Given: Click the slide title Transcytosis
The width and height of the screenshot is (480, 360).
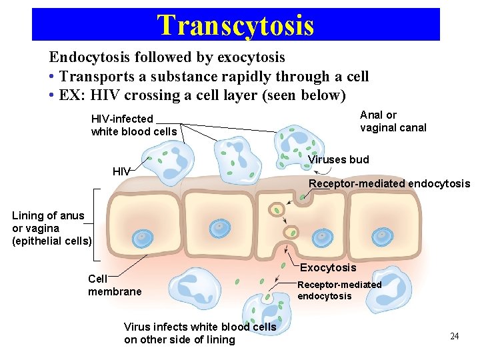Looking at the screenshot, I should pyautogui.click(x=235, y=25).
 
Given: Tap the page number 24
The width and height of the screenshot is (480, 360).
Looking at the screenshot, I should pyautogui.click(x=455, y=336).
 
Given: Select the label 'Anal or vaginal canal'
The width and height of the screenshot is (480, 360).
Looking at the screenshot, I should pyautogui.click(x=393, y=121).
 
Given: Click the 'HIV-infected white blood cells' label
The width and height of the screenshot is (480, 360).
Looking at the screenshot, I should pyautogui.click(x=134, y=125).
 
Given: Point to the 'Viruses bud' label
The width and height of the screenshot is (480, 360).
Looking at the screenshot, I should pyautogui.click(x=339, y=160).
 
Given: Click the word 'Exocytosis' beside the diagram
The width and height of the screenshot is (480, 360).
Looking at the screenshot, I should pyautogui.click(x=328, y=267).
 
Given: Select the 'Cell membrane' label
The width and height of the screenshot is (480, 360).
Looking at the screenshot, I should pyautogui.click(x=115, y=285).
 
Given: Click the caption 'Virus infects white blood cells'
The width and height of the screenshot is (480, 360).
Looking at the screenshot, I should pyautogui.click(x=199, y=327).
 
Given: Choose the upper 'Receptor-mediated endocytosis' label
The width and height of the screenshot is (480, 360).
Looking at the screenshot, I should pyautogui.click(x=389, y=183).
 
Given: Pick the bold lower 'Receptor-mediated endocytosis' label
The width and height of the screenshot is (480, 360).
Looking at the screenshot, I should pyautogui.click(x=339, y=290).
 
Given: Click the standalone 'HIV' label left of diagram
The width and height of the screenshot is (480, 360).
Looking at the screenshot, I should pyautogui.click(x=121, y=171).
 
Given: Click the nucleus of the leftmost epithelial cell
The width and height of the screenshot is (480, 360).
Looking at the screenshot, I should pyautogui.click(x=141, y=237).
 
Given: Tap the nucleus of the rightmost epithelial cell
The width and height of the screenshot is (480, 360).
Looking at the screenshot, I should pyautogui.click(x=383, y=235).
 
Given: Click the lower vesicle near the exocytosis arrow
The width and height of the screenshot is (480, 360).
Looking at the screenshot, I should pyautogui.click(x=291, y=233).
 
